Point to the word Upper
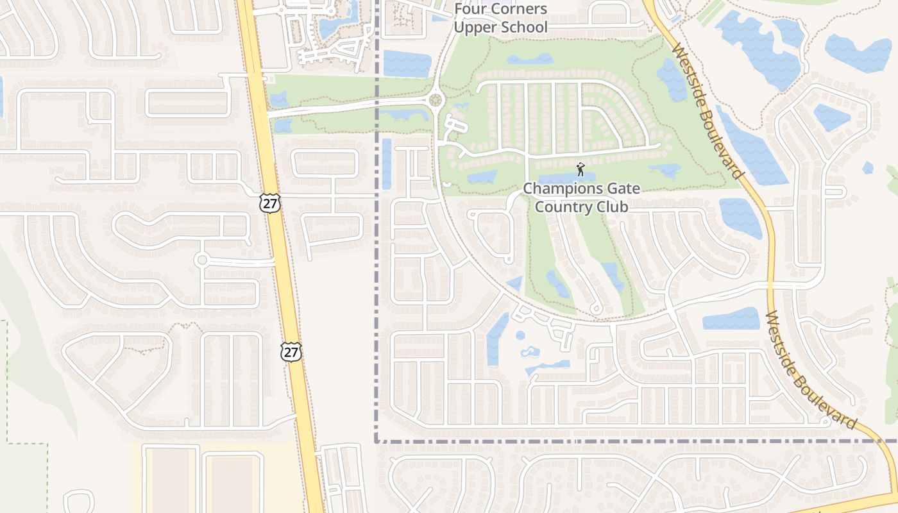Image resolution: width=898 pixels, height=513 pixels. point(473,27)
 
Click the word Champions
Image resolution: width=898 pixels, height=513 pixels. point(554,189)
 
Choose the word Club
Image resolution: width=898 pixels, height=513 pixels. point(611,206)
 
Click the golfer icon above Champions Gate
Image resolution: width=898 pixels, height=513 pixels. point(580,169)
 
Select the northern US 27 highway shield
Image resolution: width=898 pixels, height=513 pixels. point(270,203)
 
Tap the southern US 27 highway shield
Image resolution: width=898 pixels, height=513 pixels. point(291,351)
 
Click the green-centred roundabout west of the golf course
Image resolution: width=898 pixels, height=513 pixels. point(436,100)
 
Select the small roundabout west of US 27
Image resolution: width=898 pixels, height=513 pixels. point(202,260)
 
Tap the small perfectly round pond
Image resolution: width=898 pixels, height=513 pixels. point(520,335)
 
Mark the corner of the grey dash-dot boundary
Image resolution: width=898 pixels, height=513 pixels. point(376,441)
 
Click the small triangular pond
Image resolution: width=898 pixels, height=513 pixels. point(515,283)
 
